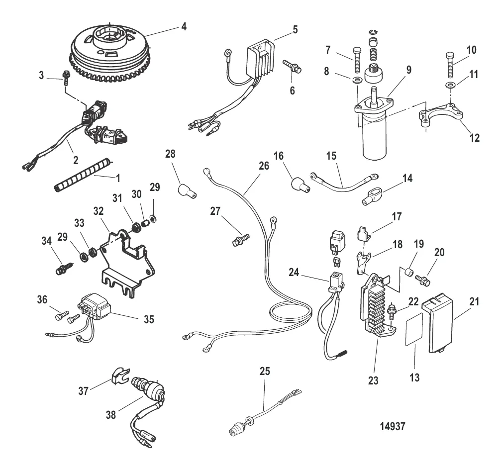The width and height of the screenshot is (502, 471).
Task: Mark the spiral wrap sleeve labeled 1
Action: coord(82,174)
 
